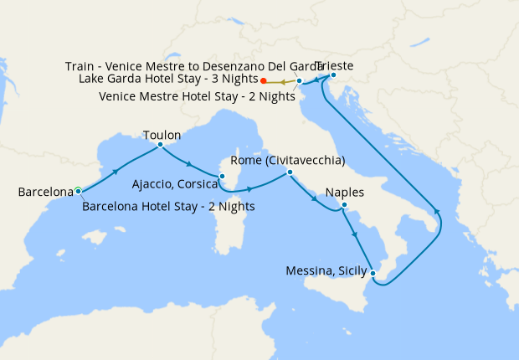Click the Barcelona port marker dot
[78, 191]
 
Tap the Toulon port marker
[160, 145]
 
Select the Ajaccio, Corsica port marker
[222, 176]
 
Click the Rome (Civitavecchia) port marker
[289, 172]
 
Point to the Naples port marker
[344, 205]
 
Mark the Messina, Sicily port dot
[373, 275]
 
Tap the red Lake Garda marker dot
[263, 81]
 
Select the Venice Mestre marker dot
[300, 81]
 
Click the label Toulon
[162, 134]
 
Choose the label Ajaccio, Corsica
[174, 183]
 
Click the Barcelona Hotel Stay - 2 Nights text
[168, 206]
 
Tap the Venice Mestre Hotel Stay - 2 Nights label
[197, 96]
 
